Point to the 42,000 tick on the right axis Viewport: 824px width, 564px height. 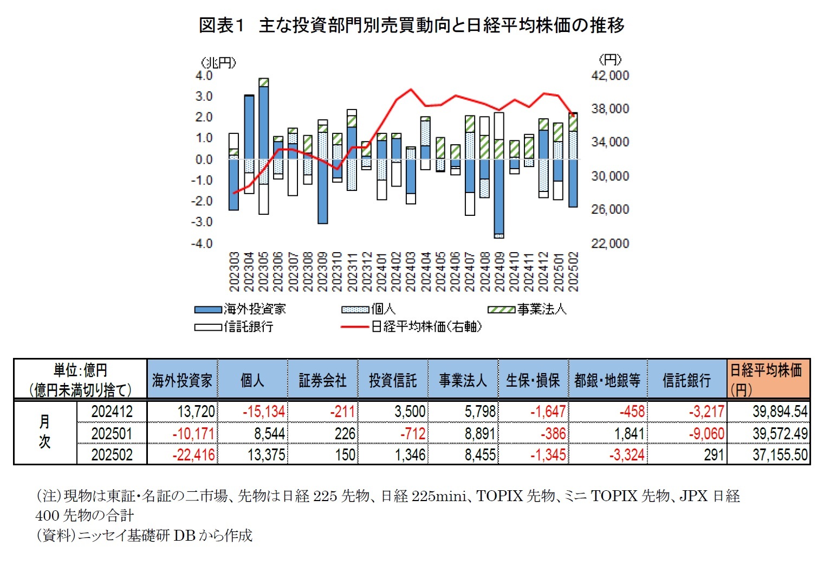click(x=610, y=75)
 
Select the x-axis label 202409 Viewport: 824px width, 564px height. click(x=499, y=272)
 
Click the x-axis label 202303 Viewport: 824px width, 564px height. click(x=234, y=272)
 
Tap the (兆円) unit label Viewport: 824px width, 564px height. click(x=218, y=63)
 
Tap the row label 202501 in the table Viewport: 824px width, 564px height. click(x=112, y=433)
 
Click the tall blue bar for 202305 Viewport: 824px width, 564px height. click(x=264, y=122)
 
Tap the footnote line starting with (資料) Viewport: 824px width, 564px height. click(x=144, y=536)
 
